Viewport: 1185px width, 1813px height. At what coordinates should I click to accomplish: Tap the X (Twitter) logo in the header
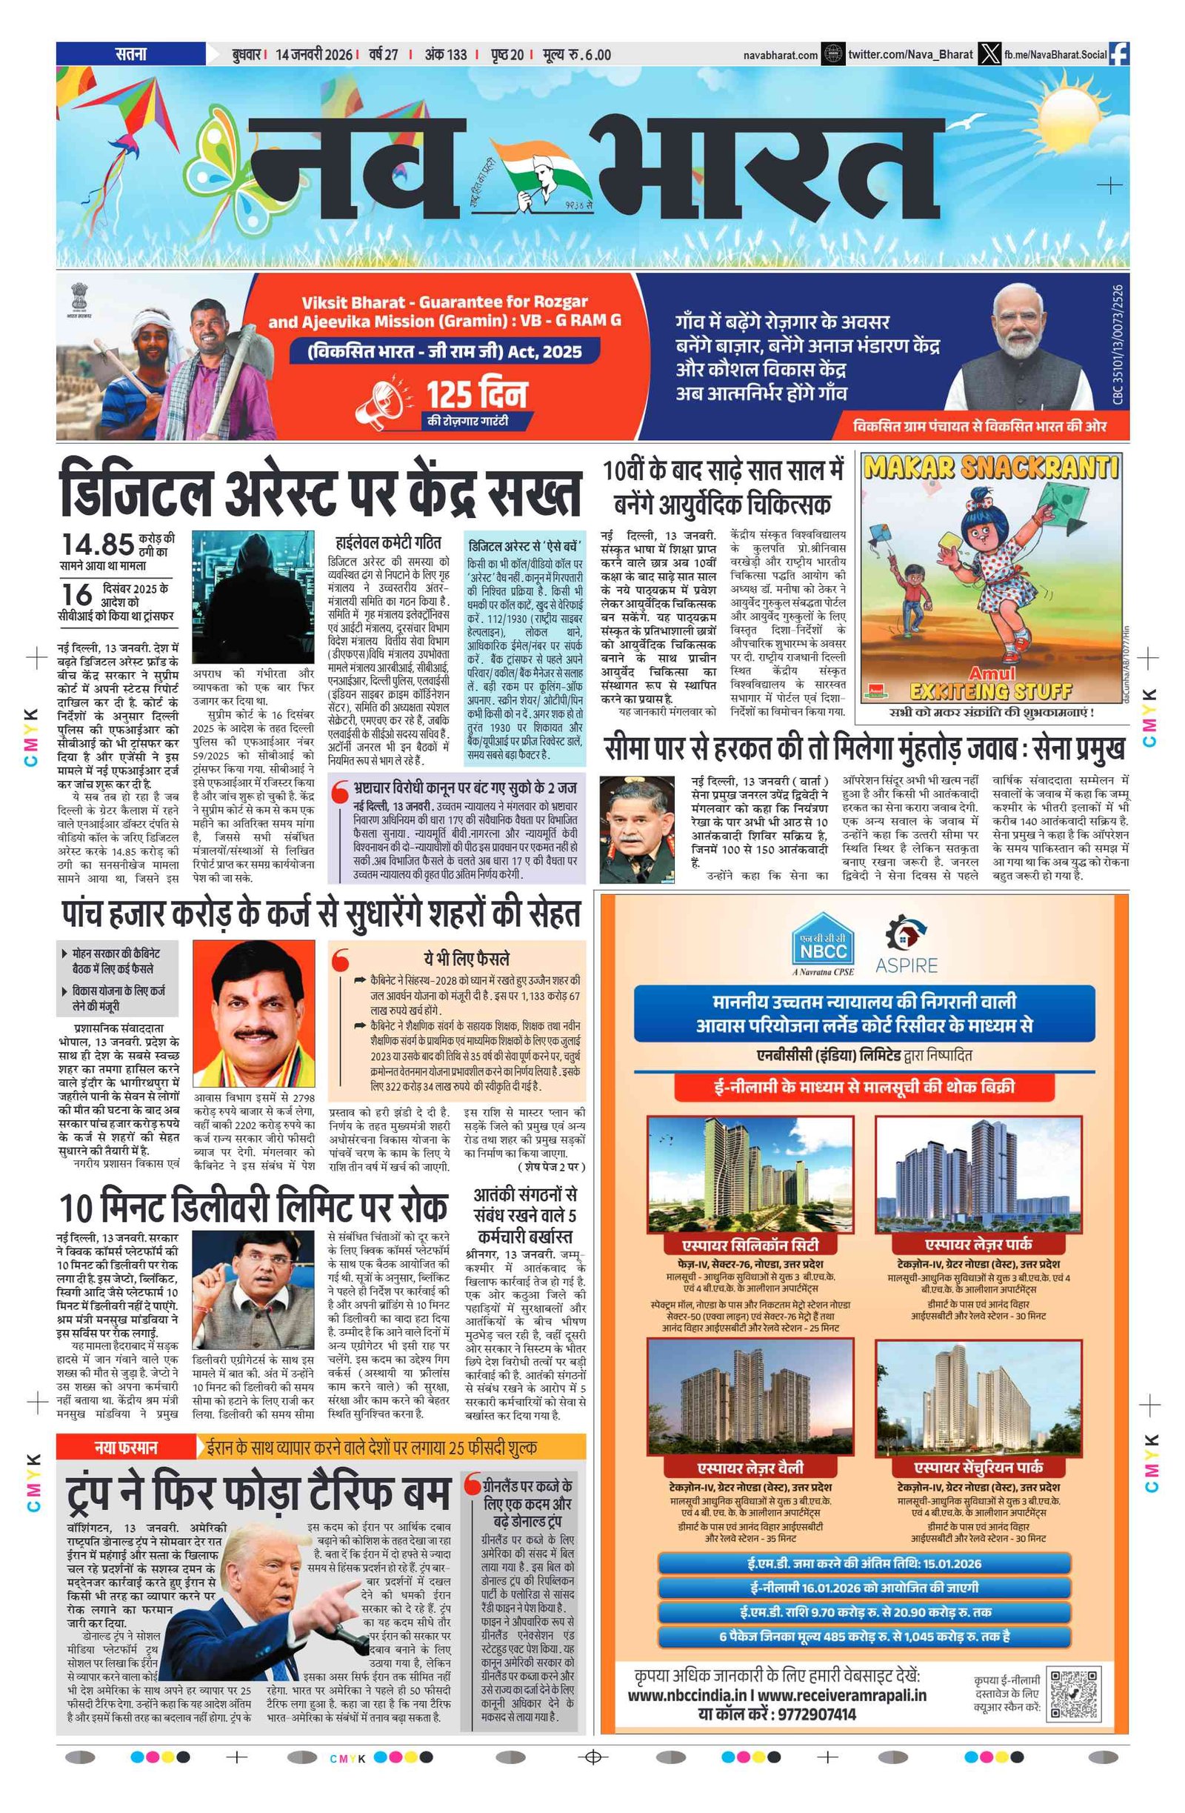click(989, 54)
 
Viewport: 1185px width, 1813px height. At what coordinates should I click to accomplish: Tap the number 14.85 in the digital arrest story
click(98, 544)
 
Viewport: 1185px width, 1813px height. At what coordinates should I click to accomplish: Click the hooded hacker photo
click(253, 598)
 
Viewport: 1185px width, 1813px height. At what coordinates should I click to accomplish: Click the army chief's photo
click(637, 829)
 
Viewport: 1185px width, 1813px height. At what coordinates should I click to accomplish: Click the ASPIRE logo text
click(907, 965)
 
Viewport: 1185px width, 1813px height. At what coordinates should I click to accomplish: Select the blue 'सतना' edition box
click(130, 54)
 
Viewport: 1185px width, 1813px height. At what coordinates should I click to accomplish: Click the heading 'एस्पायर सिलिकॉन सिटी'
click(750, 1245)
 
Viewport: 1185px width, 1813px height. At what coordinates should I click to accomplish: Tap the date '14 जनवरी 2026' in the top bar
click(314, 55)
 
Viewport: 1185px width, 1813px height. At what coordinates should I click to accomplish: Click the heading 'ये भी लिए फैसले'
click(466, 958)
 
